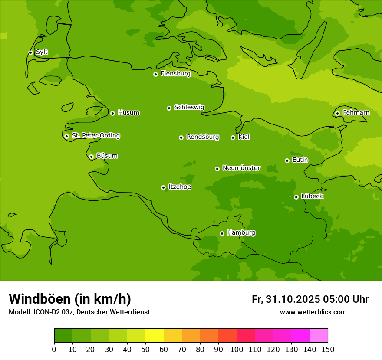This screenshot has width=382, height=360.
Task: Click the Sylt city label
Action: [x=42, y=52]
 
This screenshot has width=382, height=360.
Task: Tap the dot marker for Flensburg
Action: [x=155, y=74]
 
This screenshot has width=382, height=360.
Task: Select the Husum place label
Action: [x=128, y=113]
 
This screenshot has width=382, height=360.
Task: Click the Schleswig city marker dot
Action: [x=169, y=108]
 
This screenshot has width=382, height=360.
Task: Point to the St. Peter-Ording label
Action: [x=96, y=136]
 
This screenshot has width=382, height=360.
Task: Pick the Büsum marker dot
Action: [x=91, y=157]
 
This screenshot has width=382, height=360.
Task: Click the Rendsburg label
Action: [x=203, y=137]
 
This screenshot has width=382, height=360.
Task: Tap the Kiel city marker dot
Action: [x=233, y=137]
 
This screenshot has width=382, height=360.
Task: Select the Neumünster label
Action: [x=241, y=168]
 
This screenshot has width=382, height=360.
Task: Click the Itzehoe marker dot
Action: [x=163, y=187]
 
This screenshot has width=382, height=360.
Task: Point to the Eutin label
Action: [x=300, y=160]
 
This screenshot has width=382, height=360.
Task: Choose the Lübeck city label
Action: [x=312, y=196]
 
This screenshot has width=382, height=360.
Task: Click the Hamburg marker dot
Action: [x=222, y=233]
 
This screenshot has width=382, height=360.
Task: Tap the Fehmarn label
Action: [x=356, y=113]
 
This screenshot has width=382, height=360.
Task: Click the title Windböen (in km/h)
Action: [x=70, y=299]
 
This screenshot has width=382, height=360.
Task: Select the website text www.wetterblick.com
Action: [x=313, y=312]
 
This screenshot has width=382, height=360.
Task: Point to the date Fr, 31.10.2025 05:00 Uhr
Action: [x=310, y=299]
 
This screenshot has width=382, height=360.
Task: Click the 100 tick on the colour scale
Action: [x=237, y=349]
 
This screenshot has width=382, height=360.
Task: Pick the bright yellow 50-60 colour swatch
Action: [x=155, y=336]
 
